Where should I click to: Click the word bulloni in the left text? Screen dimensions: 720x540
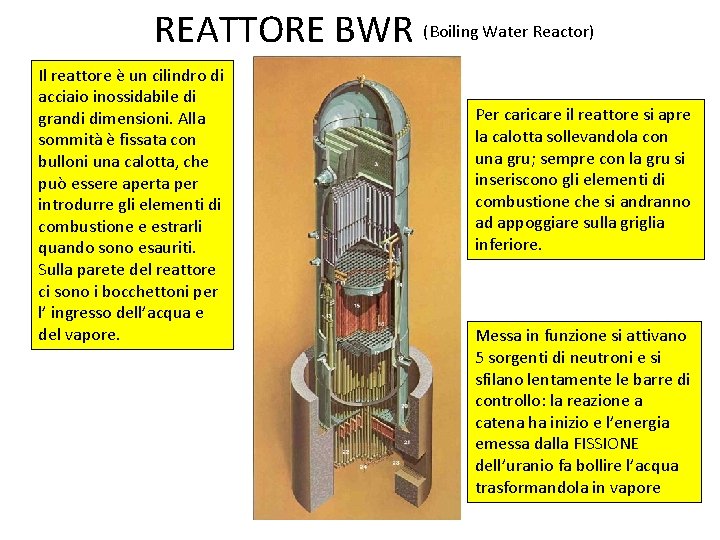tap(62, 162)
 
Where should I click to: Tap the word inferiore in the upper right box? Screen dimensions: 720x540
tap(508, 245)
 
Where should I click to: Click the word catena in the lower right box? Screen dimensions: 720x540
tap(499, 423)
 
